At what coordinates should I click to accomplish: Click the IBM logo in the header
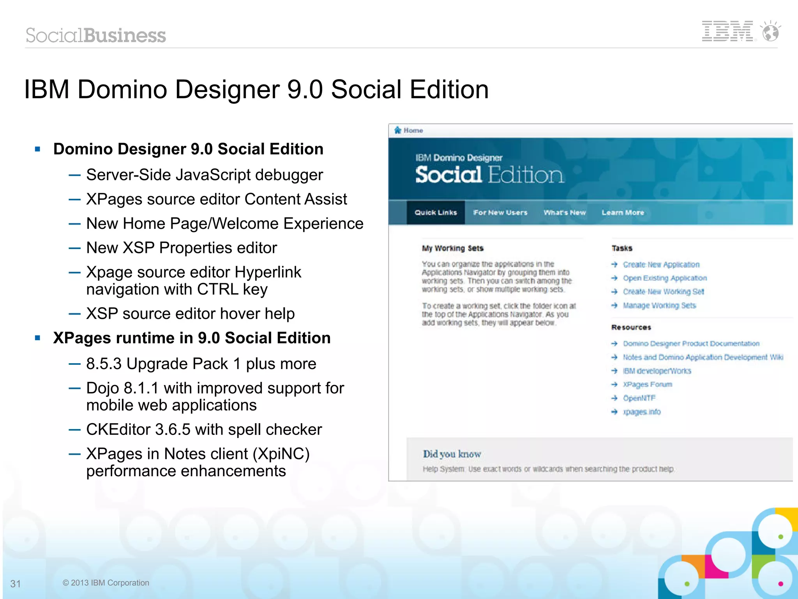pyautogui.click(x=727, y=31)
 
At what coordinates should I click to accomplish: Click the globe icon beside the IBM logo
pyautogui.click(x=771, y=31)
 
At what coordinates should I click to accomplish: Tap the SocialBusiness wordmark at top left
pyautogui.click(x=96, y=35)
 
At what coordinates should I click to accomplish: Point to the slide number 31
pyautogui.click(x=16, y=583)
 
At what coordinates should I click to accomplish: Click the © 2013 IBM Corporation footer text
pyautogui.click(x=106, y=583)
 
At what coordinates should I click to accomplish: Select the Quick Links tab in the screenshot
pyautogui.click(x=436, y=212)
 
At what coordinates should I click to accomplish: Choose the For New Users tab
pyautogui.click(x=500, y=212)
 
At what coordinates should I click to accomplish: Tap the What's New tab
pyautogui.click(x=565, y=212)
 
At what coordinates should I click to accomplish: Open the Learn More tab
pyautogui.click(x=623, y=212)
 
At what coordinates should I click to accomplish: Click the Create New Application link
pyautogui.click(x=661, y=265)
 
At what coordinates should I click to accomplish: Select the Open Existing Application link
pyautogui.click(x=665, y=278)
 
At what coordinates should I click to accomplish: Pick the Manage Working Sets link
pyautogui.click(x=659, y=306)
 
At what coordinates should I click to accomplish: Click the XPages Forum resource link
pyautogui.click(x=648, y=384)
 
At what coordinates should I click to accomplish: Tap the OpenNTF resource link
pyautogui.click(x=639, y=398)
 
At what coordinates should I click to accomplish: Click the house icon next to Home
pyautogui.click(x=397, y=130)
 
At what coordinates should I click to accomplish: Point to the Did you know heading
pyautogui.click(x=452, y=454)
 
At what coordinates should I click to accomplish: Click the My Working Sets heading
pyautogui.click(x=452, y=248)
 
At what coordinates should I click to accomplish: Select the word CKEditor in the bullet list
pyautogui.click(x=118, y=429)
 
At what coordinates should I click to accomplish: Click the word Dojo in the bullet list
pyautogui.click(x=102, y=388)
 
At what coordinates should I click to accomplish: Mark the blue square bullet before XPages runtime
pyautogui.click(x=38, y=338)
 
